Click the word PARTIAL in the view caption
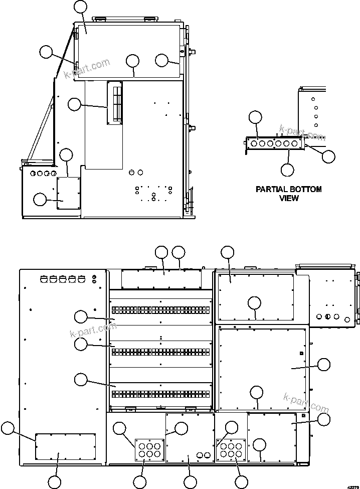point(272,190)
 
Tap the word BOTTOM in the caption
point(305,190)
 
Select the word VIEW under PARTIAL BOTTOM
point(288,198)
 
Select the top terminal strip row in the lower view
point(160,309)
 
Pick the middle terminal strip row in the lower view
point(160,351)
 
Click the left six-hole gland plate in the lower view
point(149,449)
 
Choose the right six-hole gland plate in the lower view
point(231,449)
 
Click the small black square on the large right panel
point(302,353)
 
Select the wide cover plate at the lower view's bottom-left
point(65,446)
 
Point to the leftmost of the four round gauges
point(34,174)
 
